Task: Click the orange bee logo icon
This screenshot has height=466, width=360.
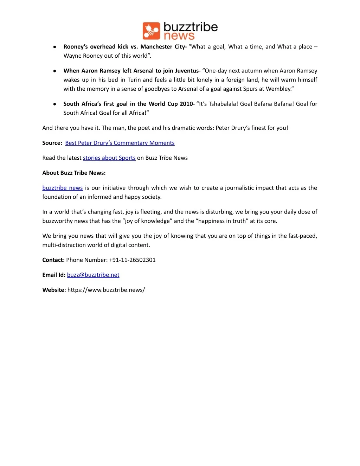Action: click(x=151, y=31)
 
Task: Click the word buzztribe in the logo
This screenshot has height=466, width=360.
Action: click(x=191, y=27)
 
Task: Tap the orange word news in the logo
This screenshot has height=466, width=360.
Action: click(x=179, y=36)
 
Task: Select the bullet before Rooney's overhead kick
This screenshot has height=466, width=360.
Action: click(x=55, y=47)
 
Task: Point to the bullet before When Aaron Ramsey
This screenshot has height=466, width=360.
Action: click(x=55, y=71)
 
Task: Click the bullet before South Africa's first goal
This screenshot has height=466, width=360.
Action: click(x=55, y=104)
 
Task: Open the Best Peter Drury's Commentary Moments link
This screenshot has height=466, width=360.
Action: click(x=120, y=143)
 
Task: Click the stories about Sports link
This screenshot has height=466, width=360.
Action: click(x=109, y=158)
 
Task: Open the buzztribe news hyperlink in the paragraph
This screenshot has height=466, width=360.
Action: click(x=63, y=188)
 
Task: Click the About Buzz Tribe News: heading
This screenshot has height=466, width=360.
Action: click(x=74, y=173)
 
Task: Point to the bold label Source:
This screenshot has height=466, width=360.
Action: click(x=52, y=143)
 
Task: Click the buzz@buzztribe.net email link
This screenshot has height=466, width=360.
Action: click(x=93, y=275)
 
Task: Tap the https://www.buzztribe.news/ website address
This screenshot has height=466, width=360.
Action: click(x=106, y=290)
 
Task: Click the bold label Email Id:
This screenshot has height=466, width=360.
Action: click(x=54, y=275)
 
